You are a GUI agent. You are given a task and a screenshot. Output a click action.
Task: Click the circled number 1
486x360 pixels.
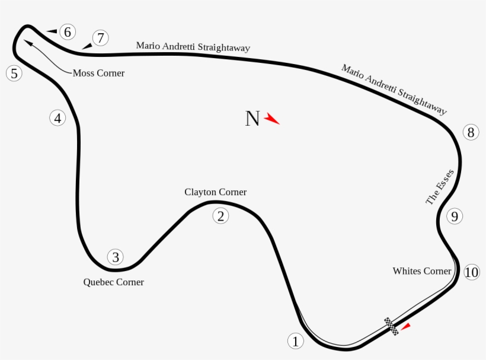pyautogui.click(x=296, y=341)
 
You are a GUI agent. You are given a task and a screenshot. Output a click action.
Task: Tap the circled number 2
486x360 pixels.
pyautogui.click(x=220, y=216)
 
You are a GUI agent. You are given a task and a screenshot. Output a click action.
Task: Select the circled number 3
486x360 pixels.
pyautogui.click(x=116, y=257)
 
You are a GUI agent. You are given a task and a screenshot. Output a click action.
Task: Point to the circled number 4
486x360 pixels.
pyautogui.click(x=57, y=118)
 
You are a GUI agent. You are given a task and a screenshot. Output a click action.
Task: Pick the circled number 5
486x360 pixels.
pyautogui.click(x=14, y=74)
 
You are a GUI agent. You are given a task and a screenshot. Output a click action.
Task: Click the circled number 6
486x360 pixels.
pyautogui.click(x=68, y=32)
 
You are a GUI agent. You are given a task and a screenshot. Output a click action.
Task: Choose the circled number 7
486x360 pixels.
pyautogui.click(x=101, y=39)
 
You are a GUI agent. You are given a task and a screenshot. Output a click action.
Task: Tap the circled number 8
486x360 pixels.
pyautogui.click(x=471, y=132)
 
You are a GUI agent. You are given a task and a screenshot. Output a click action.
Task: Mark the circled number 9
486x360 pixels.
pyautogui.click(x=454, y=216)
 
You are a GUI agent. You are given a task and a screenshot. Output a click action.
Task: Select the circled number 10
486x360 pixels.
pyautogui.click(x=471, y=272)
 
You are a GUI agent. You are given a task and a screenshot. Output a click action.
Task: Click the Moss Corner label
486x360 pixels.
pyautogui.click(x=98, y=73)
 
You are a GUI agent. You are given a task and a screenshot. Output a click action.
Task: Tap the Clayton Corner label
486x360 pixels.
pyautogui.click(x=215, y=192)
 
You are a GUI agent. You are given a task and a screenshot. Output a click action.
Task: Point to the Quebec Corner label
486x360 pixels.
pyautogui.click(x=113, y=282)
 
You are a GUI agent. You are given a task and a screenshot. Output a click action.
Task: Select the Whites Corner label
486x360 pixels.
pyautogui.click(x=422, y=271)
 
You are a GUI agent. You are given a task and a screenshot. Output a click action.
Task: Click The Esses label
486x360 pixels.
pyautogui.click(x=440, y=187)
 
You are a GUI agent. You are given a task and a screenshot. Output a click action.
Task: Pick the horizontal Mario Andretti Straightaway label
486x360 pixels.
pyautogui.click(x=193, y=46)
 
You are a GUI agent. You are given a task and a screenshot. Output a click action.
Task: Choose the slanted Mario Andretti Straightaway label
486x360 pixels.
pyautogui.click(x=394, y=90)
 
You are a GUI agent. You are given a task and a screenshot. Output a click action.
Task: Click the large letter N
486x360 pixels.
pyautogui.click(x=252, y=119)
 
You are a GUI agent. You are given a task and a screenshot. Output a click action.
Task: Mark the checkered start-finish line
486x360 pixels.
pyautogui.click(x=391, y=326)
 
